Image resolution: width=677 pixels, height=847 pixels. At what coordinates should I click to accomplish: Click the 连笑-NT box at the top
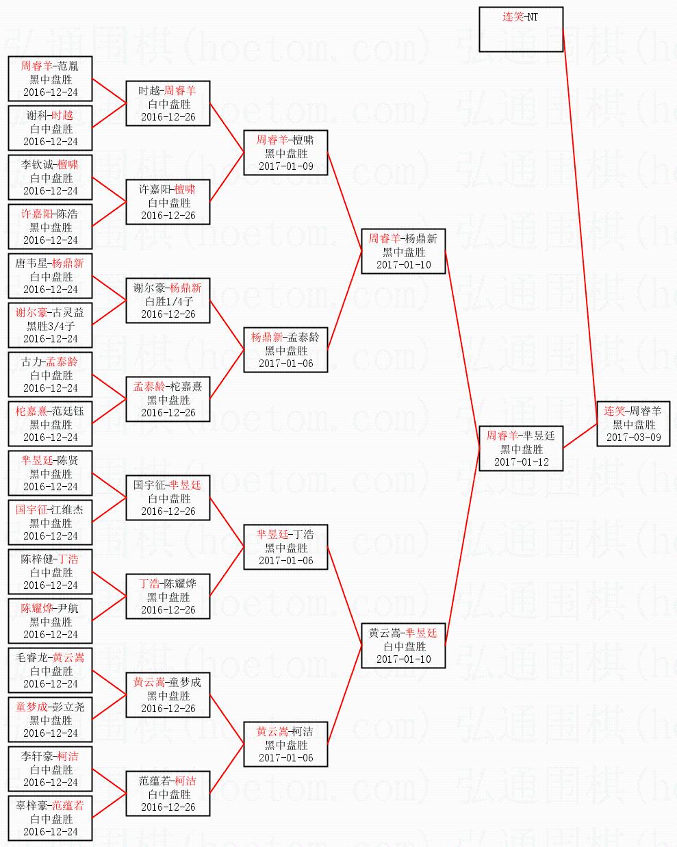[x=521, y=29]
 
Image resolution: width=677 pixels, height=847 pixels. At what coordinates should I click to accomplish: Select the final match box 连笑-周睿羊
[x=633, y=424]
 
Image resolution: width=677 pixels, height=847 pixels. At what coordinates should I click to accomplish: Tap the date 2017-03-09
[x=633, y=437]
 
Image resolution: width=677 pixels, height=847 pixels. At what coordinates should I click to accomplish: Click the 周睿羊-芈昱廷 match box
[x=521, y=448]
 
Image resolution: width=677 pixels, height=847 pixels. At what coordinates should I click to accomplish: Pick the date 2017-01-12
[x=521, y=462]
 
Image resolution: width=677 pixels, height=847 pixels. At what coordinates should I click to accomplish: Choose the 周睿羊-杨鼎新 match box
[x=403, y=251]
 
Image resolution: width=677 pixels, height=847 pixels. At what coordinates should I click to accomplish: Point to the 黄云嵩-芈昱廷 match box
[x=403, y=646]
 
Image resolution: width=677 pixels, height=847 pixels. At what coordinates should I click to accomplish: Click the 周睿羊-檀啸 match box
[x=285, y=153]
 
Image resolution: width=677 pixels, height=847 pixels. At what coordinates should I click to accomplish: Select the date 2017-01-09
[x=285, y=166]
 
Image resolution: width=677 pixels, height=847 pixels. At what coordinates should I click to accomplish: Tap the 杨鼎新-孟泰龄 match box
[x=285, y=350]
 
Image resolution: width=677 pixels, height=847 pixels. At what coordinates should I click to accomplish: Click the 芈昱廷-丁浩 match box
[x=285, y=547]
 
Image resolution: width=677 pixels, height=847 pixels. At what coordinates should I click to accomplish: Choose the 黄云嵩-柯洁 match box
[x=285, y=744]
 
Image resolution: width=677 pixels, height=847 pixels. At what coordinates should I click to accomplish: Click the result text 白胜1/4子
[x=168, y=301]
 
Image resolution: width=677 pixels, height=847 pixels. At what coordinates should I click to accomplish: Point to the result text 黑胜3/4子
[x=51, y=326]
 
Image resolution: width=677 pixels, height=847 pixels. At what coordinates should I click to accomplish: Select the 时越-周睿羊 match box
[x=168, y=103]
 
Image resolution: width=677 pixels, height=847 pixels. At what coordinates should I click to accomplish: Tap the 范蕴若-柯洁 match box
[x=168, y=794]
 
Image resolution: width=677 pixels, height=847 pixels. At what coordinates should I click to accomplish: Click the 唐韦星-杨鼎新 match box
[x=51, y=276]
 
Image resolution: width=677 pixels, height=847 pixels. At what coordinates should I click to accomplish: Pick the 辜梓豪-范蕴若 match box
[x=51, y=818]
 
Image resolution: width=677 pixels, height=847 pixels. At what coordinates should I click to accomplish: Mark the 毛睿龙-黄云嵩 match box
[x=51, y=670]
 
